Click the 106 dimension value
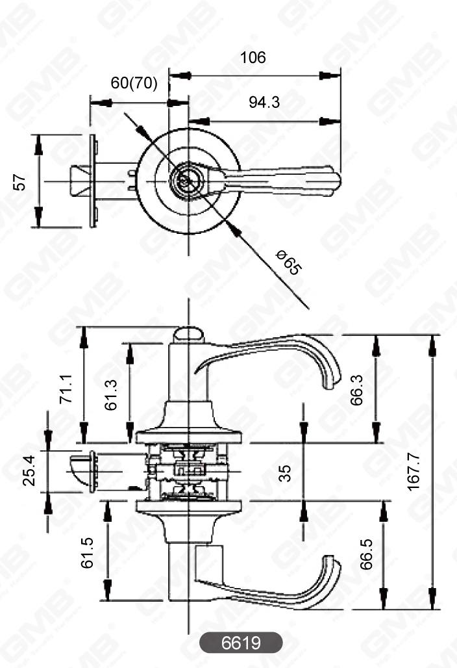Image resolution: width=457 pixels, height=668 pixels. (x=253, y=58)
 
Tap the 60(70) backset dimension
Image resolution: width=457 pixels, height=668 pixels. (x=134, y=83)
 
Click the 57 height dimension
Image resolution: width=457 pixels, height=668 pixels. (x=21, y=182)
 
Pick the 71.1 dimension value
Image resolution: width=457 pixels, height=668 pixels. (x=66, y=389)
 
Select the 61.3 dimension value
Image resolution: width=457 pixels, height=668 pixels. (x=112, y=394)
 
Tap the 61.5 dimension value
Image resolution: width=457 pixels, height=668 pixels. (x=88, y=552)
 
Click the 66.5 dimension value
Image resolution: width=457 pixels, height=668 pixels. (x=366, y=554)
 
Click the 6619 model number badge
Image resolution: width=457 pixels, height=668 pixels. (x=241, y=643)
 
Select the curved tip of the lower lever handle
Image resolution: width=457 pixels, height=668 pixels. (x=332, y=569)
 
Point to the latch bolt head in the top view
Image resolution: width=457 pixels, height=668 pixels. (x=79, y=181)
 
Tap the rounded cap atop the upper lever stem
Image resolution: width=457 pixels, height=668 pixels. (x=188, y=335)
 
